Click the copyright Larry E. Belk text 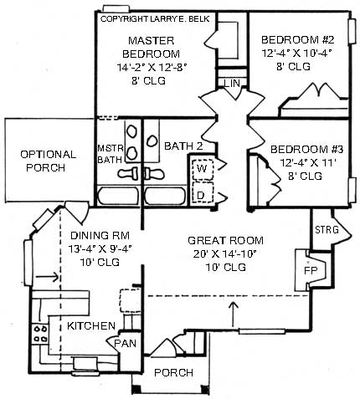tap(153, 18)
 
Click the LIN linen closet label tap(232, 83)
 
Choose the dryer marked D tap(202, 194)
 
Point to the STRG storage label tap(325, 229)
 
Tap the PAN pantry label tap(125, 343)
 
